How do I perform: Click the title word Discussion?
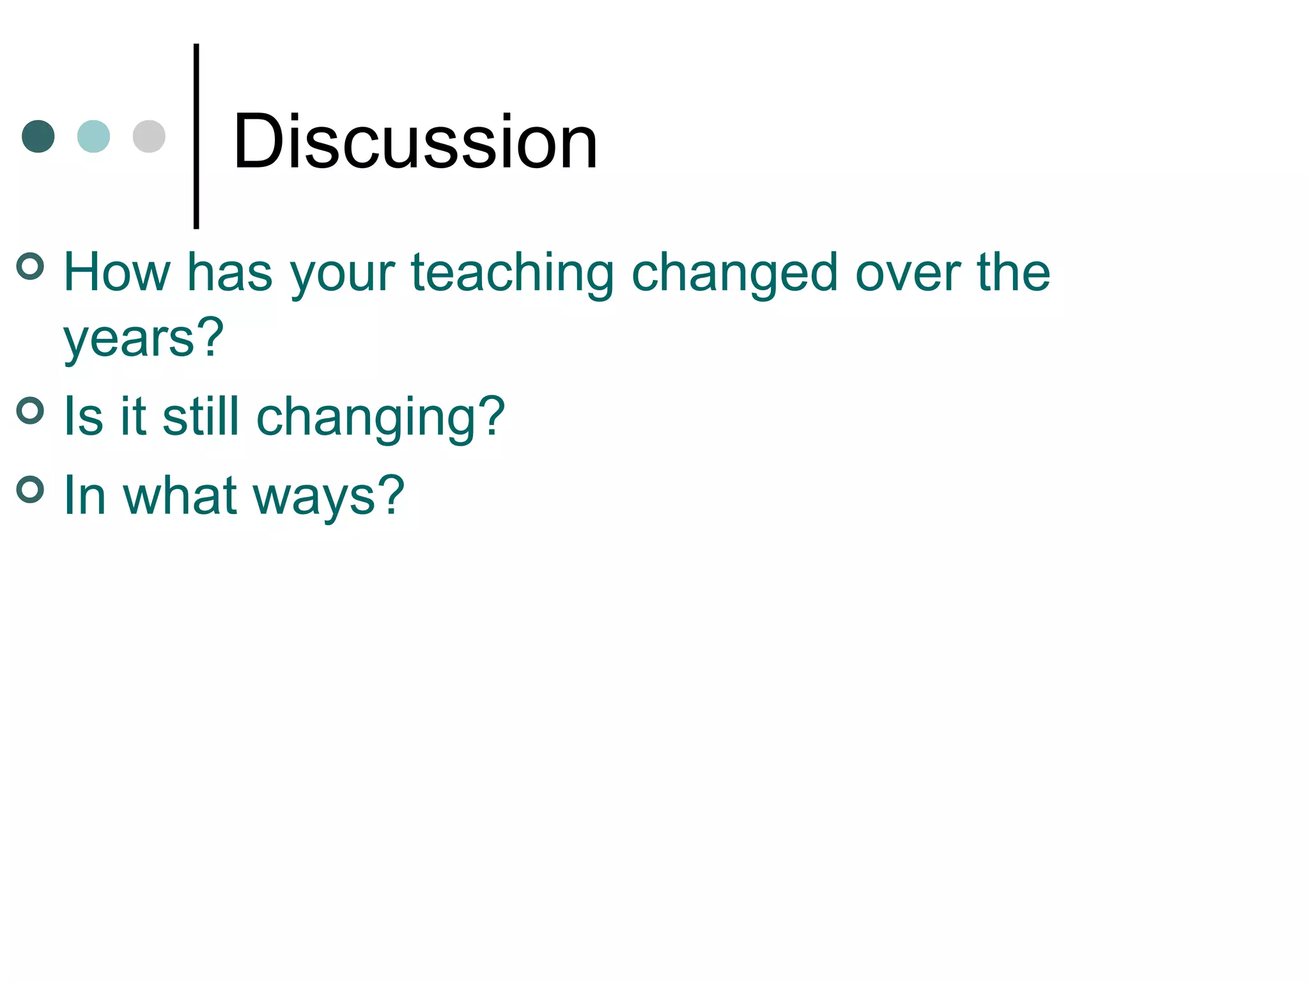(415, 141)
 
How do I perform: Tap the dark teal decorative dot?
(38, 136)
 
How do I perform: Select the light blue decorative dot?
(93, 136)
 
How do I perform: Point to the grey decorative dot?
(149, 136)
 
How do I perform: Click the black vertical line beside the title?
(196, 136)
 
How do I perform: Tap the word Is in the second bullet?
(83, 417)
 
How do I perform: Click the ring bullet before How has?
(30, 267)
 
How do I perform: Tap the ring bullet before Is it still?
(30, 410)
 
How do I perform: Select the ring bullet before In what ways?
(30, 490)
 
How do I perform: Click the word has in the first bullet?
(229, 273)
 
